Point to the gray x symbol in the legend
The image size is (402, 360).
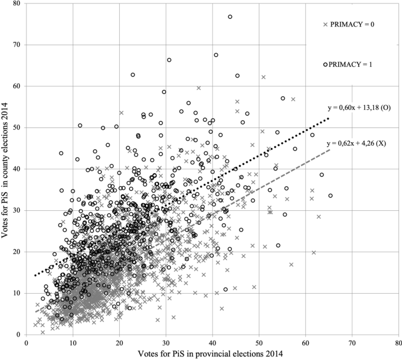[x=325, y=24]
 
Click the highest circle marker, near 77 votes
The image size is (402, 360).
[x=230, y=17]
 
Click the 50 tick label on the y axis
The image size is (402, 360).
[x=16, y=127]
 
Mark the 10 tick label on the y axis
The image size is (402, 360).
[x=16, y=293]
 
